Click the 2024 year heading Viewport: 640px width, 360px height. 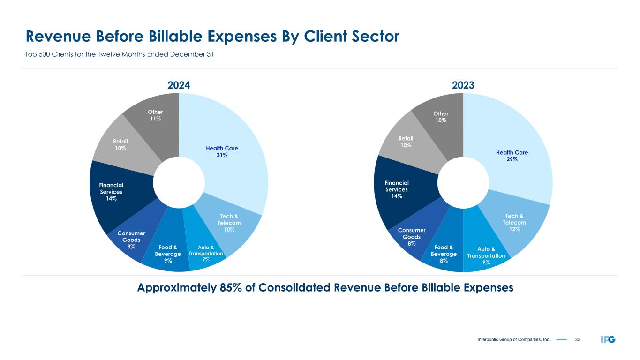point(179,85)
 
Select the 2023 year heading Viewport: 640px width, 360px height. point(463,85)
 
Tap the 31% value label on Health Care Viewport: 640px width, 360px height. point(222,155)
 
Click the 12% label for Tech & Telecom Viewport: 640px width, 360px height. point(514,229)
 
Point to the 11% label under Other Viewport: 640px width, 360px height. point(155,119)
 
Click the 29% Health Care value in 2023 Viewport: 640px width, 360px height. point(512,159)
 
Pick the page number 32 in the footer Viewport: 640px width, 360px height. point(578,339)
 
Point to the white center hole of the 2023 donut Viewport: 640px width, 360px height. point(463,183)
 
